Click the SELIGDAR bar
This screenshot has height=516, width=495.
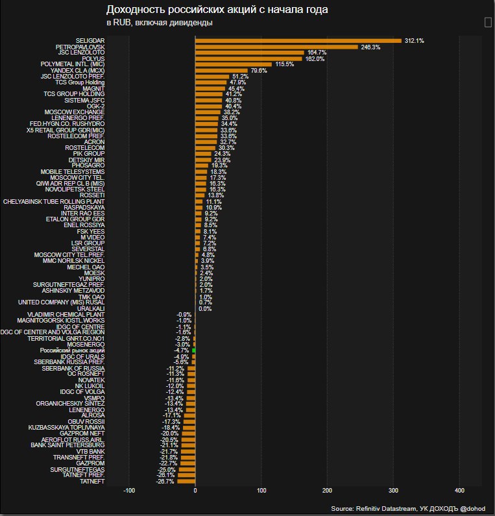pos(298,40)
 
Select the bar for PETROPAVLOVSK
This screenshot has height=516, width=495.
pos(276,47)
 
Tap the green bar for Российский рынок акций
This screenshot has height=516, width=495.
pos(193,350)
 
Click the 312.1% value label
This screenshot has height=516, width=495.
pos(414,40)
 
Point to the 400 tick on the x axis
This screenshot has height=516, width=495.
pos(459,490)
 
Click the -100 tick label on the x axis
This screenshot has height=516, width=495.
pos(128,490)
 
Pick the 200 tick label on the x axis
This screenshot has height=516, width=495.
pos(327,490)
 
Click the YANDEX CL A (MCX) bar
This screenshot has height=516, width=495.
pos(221,71)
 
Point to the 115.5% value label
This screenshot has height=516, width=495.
pos(285,64)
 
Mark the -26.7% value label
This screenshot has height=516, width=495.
pos(166,482)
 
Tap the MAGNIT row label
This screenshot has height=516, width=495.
pos(93,89)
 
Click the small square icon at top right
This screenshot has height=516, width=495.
pos(488,23)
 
